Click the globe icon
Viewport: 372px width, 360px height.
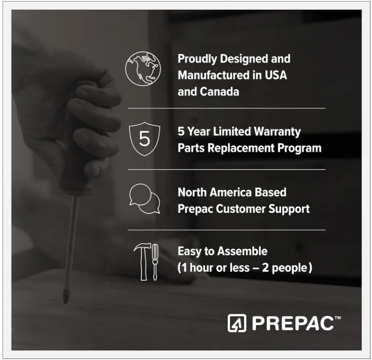click(143, 68)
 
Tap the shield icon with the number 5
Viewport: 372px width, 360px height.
click(144, 139)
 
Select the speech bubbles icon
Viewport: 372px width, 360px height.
click(144, 199)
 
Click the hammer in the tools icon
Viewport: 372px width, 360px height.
click(143, 261)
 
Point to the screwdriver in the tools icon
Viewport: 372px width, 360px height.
click(155, 262)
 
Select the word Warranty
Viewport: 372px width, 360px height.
click(277, 132)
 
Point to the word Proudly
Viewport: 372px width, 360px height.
click(197, 59)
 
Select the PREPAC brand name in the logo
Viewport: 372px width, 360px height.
click(292, 323)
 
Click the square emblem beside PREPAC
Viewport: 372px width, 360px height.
click(237, 323)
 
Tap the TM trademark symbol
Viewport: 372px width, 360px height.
click(338, 318)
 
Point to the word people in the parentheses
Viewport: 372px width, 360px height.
click(289, 268)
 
